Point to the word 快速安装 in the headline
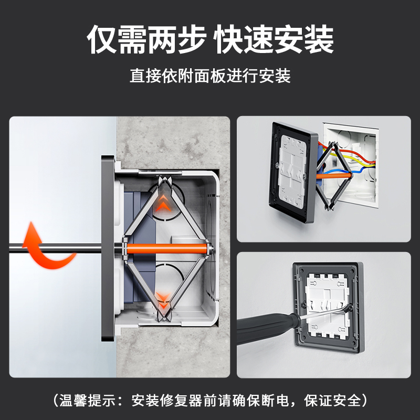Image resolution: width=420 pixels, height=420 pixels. coord(274,39)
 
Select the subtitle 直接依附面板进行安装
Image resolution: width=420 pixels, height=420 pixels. coord(210,77)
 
